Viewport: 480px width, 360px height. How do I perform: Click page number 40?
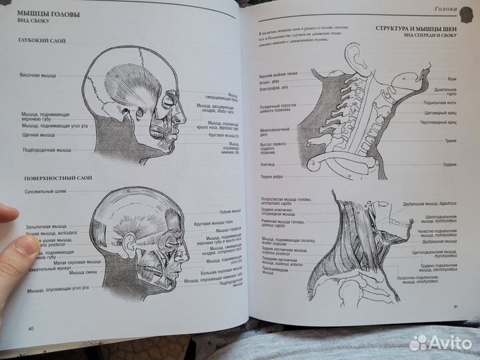click(31, 328)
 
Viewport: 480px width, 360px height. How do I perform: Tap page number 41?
click(455, 306)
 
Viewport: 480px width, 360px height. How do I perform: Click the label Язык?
click(451, 77)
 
